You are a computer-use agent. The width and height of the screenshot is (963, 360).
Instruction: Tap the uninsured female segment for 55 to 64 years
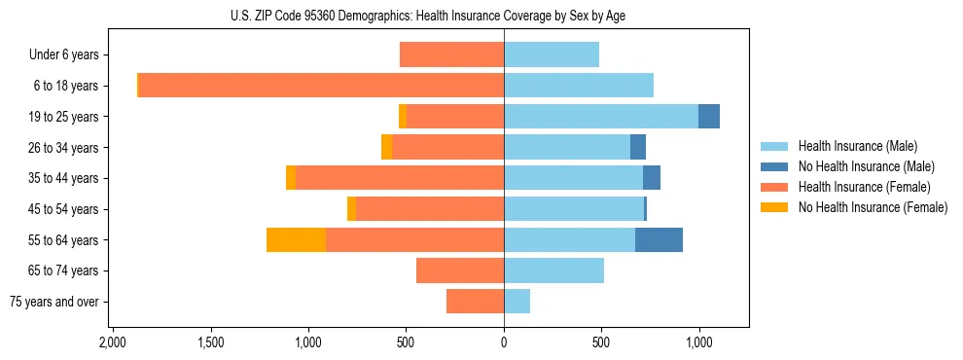pyautogui.click(x=296, y=239)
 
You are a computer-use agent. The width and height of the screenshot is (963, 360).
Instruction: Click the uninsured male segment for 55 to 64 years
pyautogui.click(x=659, y=239)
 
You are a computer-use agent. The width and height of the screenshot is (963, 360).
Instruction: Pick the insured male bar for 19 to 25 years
pyautogui.click(x=600, y=117)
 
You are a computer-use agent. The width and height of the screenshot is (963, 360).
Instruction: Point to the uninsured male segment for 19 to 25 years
pyautogui.click(x=709, y=117)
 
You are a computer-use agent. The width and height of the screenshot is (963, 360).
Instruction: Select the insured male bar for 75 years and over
pyautogui.click(x=517, y=302)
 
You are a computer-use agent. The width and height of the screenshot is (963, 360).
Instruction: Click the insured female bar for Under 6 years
pyautogui.click(x=451, y=54)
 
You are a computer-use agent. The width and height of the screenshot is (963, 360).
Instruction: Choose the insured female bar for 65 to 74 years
pyautogui.click(x=460, y=270)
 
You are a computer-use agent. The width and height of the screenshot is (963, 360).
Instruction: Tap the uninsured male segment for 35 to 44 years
pyautogui.click(x=652, y=178)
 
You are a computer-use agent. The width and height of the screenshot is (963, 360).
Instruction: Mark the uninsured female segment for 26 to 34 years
pyautogui.click(x=386, y=147)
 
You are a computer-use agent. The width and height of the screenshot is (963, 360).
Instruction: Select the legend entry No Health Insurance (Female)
pyautogui.click(x=873, y=207)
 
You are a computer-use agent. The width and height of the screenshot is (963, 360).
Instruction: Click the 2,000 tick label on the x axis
pyautogui.click(x=113, y=342)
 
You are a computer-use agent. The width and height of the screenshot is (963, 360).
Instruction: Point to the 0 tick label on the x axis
pyautogui.click(x=504, y=342)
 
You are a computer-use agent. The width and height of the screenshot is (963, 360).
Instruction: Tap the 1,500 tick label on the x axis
pyautogui.click(x=211, y=342)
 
